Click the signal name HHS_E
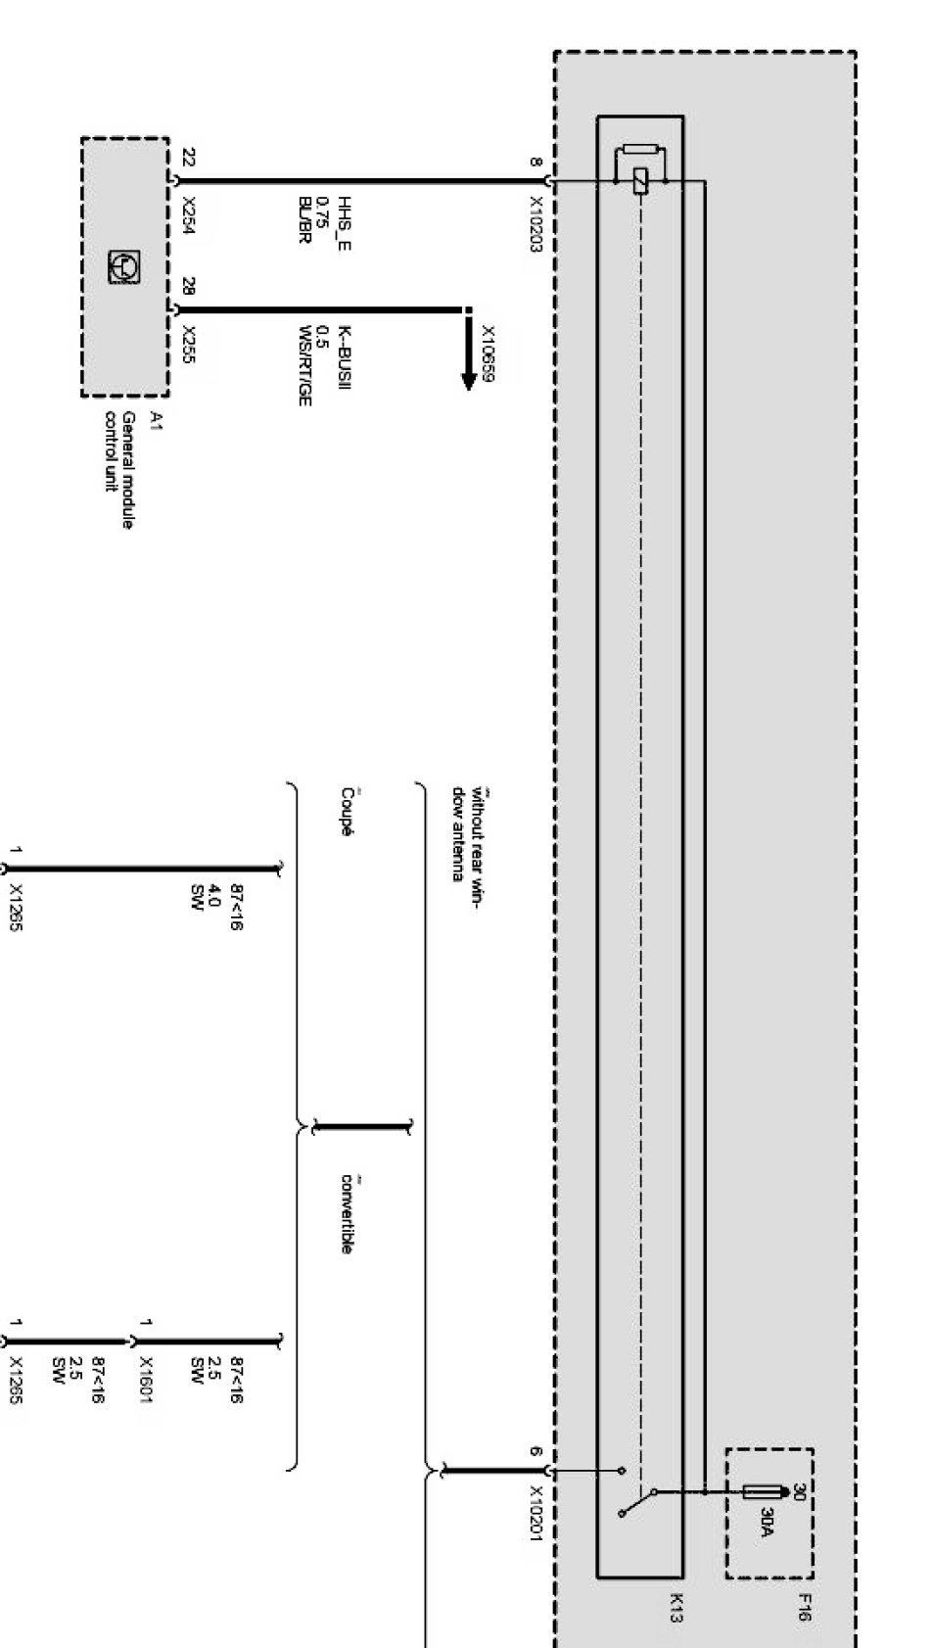[x=344, y=224]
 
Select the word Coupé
[x=347, y=812]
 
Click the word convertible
[x=347, y=1213]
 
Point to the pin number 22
[x=189, y=157]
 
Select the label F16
[x=805, y=1607]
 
